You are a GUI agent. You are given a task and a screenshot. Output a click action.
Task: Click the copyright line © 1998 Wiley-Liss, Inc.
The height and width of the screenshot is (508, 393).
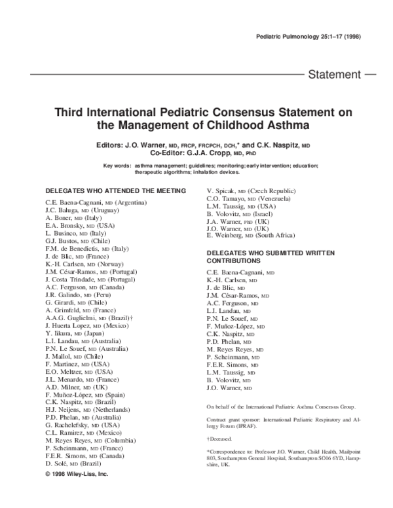[x=76, y=473]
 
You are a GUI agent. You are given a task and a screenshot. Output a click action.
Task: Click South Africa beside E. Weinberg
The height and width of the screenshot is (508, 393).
[x=278, y=234]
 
